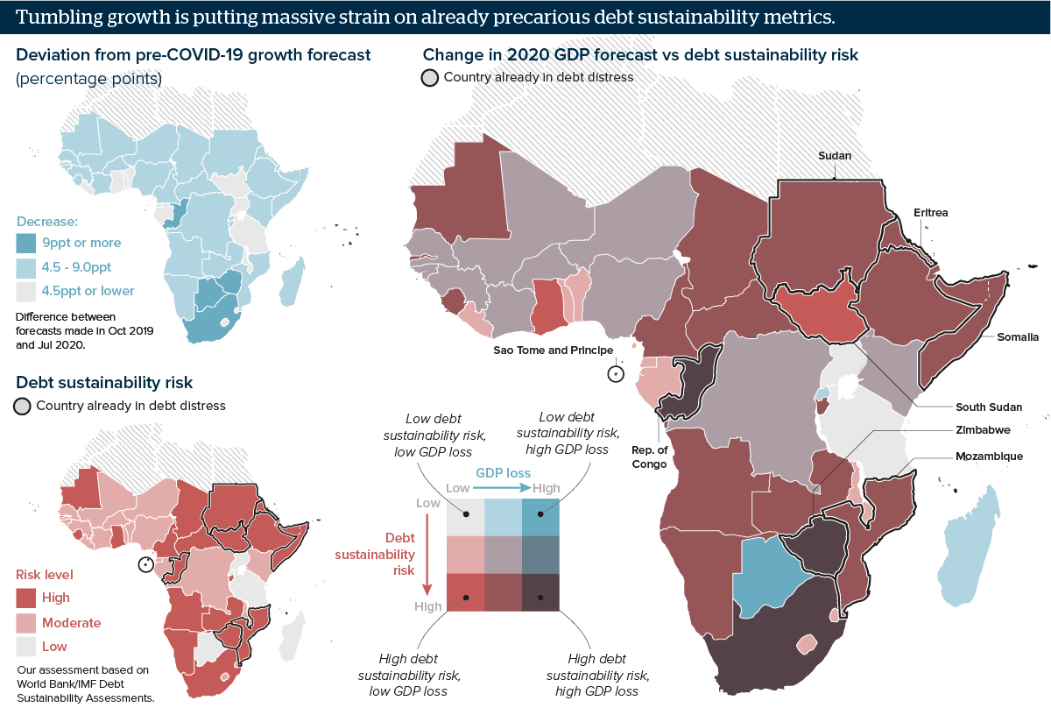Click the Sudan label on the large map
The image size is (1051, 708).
[x=835, y=156]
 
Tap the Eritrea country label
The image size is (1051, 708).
[x=930, y=213]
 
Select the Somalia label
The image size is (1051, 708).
[x=1017, y=337]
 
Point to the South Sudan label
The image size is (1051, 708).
[x=989, y=407]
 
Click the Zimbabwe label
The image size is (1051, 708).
[x=983, y=430]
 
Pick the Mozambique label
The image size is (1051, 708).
[x=988, y=457]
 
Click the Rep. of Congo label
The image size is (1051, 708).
[x=649, y=457]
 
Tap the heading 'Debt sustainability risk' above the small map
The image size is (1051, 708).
[x=104, y=383]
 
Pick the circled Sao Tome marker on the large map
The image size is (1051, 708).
[x=616, y=374]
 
